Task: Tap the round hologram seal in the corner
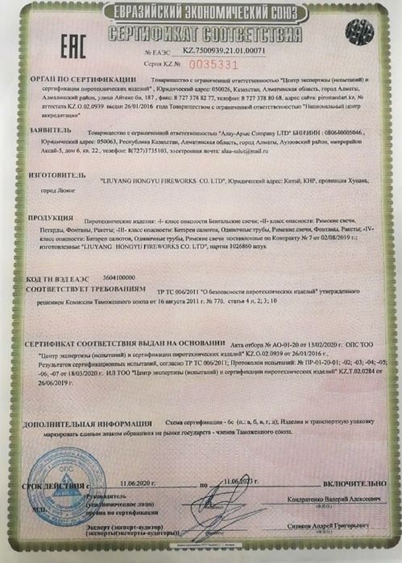click(358, 33)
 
